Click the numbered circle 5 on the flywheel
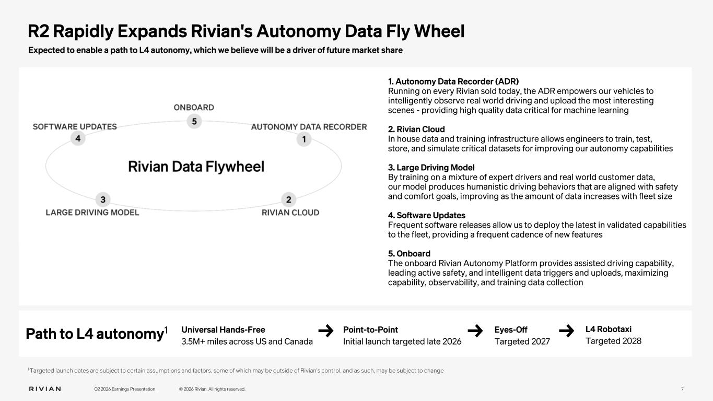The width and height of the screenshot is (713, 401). (x=194, y=122)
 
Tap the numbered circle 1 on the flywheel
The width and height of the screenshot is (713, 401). (x=304, y=139)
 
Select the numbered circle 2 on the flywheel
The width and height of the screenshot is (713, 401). (x=289, y=200)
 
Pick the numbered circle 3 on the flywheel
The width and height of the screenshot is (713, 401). (x=103, y=200)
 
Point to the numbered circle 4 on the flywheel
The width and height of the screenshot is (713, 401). (x=78, y=138)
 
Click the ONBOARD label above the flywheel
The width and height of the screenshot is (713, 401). (x=194, y=108)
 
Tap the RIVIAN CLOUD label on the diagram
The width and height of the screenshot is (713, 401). (x=290, y=213)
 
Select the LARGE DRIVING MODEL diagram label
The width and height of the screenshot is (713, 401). (x=92, y=213)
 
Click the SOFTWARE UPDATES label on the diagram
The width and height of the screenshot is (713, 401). (x=75, y=127)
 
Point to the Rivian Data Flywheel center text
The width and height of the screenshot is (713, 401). (x=196, y=167)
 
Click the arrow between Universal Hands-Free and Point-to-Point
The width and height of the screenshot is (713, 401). (x=326, y=331)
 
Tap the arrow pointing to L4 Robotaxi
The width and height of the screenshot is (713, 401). (x=567, y=331)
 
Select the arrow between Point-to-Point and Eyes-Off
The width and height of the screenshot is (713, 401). (x=475, y=331)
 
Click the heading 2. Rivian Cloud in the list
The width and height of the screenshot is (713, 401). (x=416, y=129)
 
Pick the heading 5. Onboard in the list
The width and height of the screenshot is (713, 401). (x=409, y=254)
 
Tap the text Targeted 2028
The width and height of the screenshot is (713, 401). (x=613, y=341)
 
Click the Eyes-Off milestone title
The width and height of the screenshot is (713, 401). (x=511, y=329)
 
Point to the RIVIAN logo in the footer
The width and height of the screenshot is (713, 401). (x=45, y=389)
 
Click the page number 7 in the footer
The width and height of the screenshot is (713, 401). (x=682, y=389)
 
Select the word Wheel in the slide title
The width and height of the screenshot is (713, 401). (x=440, y=31)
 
